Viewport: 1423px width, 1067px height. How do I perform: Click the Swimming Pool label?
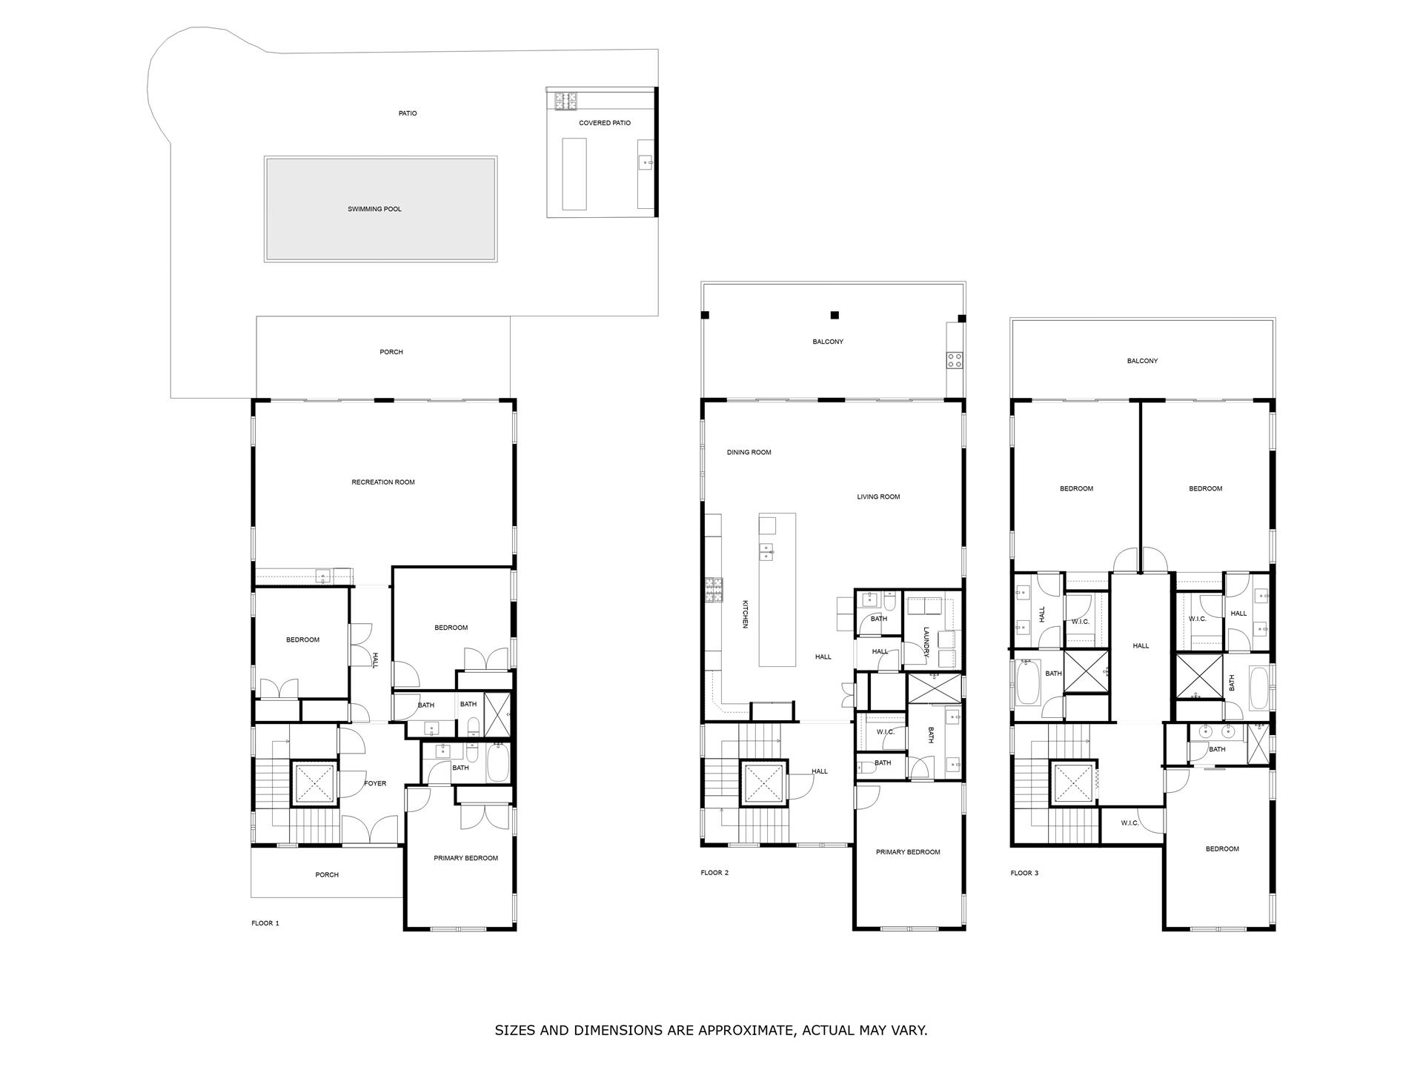(x=374, y=209)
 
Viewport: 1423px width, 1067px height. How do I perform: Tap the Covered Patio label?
(x=605, y=123)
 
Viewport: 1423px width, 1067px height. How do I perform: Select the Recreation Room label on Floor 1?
(x=383, y=482)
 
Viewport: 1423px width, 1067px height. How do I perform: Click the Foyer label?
(x=375, y=783)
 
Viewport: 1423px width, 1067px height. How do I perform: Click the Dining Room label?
(x=749, y=452)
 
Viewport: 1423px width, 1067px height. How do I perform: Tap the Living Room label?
(x=878, y=497)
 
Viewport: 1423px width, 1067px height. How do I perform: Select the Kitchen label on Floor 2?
(x=746, y=614)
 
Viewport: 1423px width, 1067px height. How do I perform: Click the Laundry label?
(x=926, y=642)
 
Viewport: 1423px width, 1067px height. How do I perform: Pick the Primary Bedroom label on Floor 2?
(x=908, y=852)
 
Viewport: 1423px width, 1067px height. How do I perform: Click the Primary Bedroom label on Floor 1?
(x=465, y=858)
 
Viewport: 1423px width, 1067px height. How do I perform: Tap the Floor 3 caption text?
(x=1024, y=873)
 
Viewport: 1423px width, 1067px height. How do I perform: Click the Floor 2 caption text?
(x=714, y=873)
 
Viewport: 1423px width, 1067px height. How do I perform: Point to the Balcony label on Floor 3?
(x=1142, y=361)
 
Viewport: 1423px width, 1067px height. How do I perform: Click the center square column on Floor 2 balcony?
(x=835, y=315)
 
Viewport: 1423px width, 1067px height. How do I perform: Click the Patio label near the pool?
(x=408, y=113)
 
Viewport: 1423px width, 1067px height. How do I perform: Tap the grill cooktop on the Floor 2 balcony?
(x=954, y=361)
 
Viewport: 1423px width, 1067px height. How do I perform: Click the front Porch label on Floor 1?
(x=327, y=875)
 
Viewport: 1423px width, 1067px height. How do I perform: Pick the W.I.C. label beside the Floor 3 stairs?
(x=1130, y=823)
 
